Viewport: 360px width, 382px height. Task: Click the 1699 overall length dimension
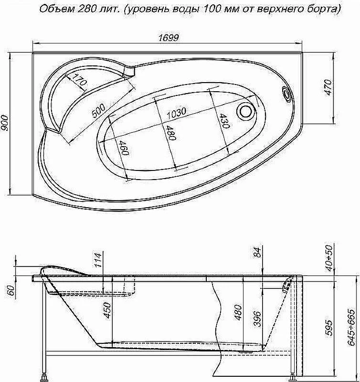coord(169,38)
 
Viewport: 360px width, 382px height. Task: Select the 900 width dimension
coord(5,122)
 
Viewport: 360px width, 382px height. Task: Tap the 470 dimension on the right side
coord(328,87)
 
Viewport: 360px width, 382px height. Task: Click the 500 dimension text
coord(99,111)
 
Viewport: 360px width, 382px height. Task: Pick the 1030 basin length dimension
coord(176,113)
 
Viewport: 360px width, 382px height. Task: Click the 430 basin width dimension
coord(224,121)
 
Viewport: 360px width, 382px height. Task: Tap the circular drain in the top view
coord(246,111)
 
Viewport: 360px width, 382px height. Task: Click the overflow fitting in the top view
coord(287,94)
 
